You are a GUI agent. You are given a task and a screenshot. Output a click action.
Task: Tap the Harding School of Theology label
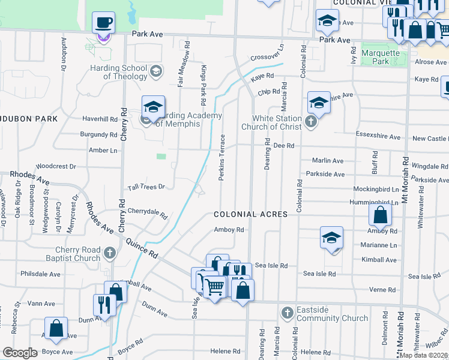(125, 72)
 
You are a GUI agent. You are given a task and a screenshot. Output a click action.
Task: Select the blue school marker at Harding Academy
(153, 107)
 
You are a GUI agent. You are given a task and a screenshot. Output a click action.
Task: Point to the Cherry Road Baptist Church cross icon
(109, 254)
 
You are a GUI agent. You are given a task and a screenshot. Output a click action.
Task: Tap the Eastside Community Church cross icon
(288, 313)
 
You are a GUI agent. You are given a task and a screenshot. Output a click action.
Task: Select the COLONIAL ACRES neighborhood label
(250, 214)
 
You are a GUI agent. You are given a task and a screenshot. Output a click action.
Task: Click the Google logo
(20, 353)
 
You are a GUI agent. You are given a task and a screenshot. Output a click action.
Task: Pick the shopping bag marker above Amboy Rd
(381, 214)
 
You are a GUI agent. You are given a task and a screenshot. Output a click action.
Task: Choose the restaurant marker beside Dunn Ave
(104, 305)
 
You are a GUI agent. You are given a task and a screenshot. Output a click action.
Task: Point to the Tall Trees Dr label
(145, 187)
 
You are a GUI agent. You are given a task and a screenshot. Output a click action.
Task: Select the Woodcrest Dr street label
(56, 166)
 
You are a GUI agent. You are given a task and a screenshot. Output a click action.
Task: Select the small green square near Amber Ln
(161, 157)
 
